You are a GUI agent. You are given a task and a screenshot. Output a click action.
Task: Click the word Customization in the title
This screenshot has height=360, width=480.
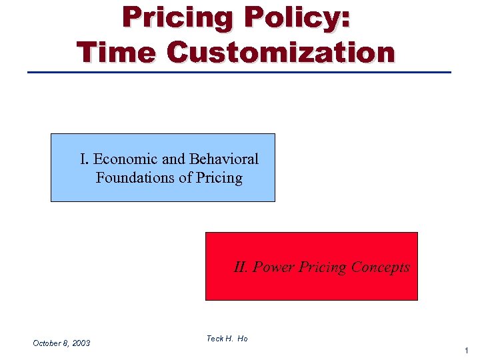pyautogui.click(x=281, y=52)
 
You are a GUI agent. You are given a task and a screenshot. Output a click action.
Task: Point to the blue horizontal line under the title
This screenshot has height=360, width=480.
pyautogui.click(x=239, y=72)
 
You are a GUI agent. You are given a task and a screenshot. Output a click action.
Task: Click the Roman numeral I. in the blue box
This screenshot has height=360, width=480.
pyautogui.click(x=84, y=159)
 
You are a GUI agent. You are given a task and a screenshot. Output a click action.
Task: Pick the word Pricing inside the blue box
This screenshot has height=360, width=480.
pyautogui.click(x=219, y=179)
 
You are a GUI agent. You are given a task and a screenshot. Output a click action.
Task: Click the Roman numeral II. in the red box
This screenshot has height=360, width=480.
pyautogui.click(x=241, y=267)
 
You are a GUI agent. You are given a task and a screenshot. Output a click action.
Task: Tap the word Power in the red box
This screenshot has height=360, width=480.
pyautogui.click(x=273, y=267)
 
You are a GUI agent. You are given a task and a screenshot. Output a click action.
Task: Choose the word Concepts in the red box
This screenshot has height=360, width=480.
pyautogui.click(x=380, y=267)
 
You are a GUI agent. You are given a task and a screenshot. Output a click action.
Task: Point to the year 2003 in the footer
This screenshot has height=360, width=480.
pyautogui.click(x=81, y=343)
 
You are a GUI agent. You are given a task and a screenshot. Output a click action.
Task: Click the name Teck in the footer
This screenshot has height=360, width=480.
pyautogui.click(x=215, y=339)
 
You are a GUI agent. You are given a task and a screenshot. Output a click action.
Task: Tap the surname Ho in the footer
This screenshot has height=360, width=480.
pyautogui.click(x=242, y=339)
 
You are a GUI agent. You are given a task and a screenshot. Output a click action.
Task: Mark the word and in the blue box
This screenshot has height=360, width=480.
pyautogui.click(x=173, y=159)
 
